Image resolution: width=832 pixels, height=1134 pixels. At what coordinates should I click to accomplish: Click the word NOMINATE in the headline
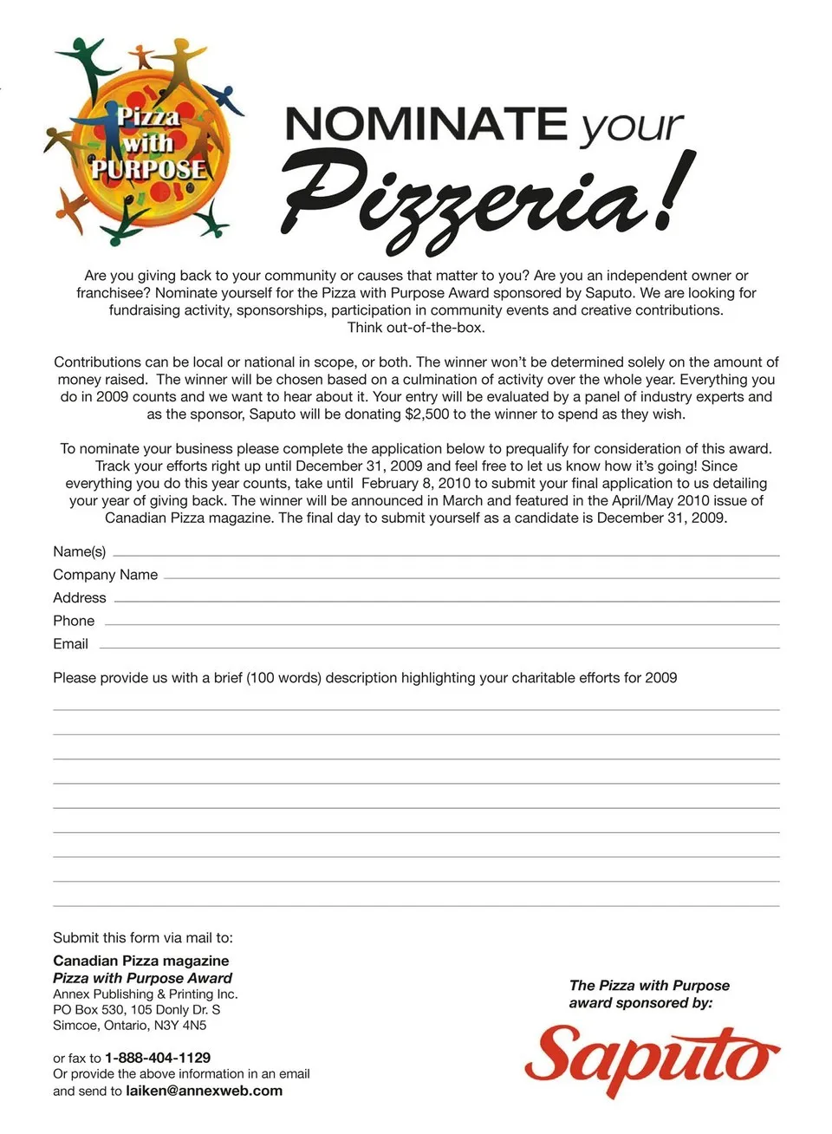(x=426, y=124)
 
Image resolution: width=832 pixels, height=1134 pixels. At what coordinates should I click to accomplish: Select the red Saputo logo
(x=651, y=1060)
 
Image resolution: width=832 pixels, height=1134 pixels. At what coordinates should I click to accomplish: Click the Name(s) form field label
(x=80, y=552)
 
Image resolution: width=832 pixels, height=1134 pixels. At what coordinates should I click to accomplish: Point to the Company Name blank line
(x=471, y=577)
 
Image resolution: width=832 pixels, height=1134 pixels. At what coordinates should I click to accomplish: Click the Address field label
(x=80, y=598)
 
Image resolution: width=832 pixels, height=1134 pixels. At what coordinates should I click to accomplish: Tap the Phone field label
(x=74, y=622)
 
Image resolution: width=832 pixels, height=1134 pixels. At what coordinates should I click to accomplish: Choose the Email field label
(x=70, y=644)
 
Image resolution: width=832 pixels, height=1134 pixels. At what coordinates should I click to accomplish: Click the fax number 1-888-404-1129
(x=158, y=1058)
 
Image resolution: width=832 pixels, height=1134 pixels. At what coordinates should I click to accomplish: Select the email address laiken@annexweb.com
(x=204, y=1091)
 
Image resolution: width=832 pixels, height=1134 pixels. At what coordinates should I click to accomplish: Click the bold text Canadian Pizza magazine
(x=141, y=961)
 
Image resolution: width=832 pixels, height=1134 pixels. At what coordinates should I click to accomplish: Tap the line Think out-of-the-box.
(x=416, y=328)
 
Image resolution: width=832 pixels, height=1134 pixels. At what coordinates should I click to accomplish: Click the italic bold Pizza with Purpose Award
(x=142, y=978)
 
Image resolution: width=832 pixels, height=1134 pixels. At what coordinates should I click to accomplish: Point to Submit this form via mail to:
(x=143, y=938)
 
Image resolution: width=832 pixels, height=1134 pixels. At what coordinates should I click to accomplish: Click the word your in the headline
(x=632, y=127)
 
